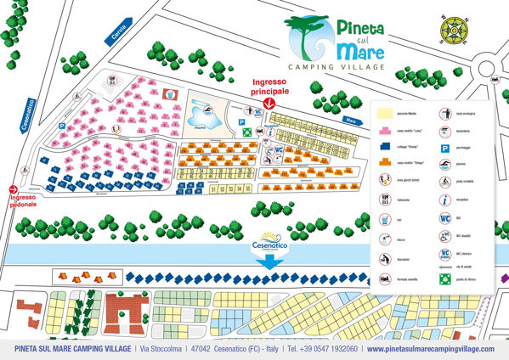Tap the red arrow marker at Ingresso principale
(x=269, y=103)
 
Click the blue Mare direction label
(x=351, y=121)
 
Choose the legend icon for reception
(x=444, y=200)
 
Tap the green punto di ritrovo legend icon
(x=444, y=277)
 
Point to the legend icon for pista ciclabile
(x=444, y=181)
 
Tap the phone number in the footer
(x=326, y=349)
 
